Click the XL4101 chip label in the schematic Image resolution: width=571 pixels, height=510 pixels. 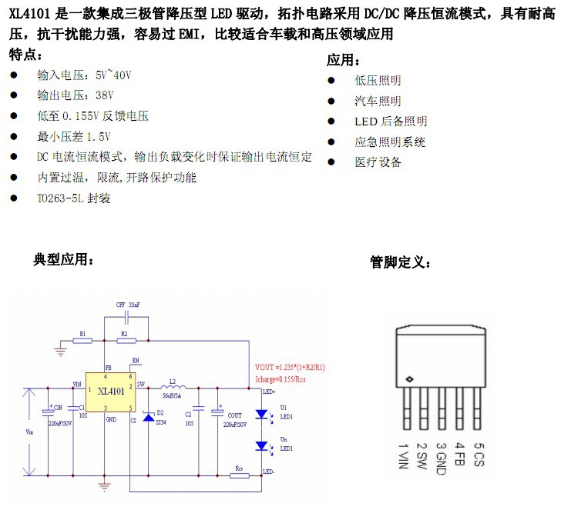[112, 392]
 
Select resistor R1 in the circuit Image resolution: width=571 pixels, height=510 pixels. [82, 340]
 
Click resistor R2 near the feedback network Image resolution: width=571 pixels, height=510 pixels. [123, 340]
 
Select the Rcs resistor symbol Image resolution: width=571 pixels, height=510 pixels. [240, 475]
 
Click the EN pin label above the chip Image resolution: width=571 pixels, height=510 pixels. [136, 360]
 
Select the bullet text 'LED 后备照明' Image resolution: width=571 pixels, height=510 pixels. [391, 122]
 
